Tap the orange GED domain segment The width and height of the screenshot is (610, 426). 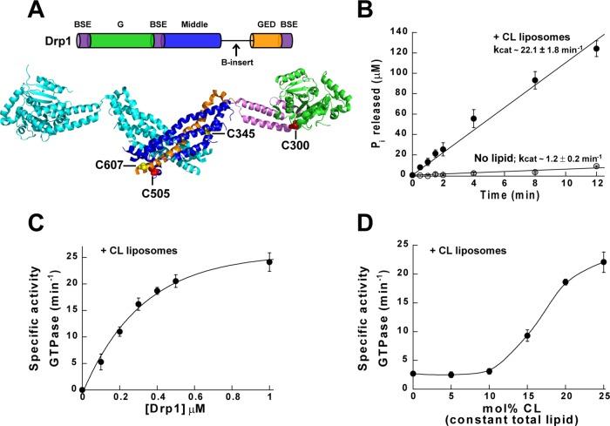264,41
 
